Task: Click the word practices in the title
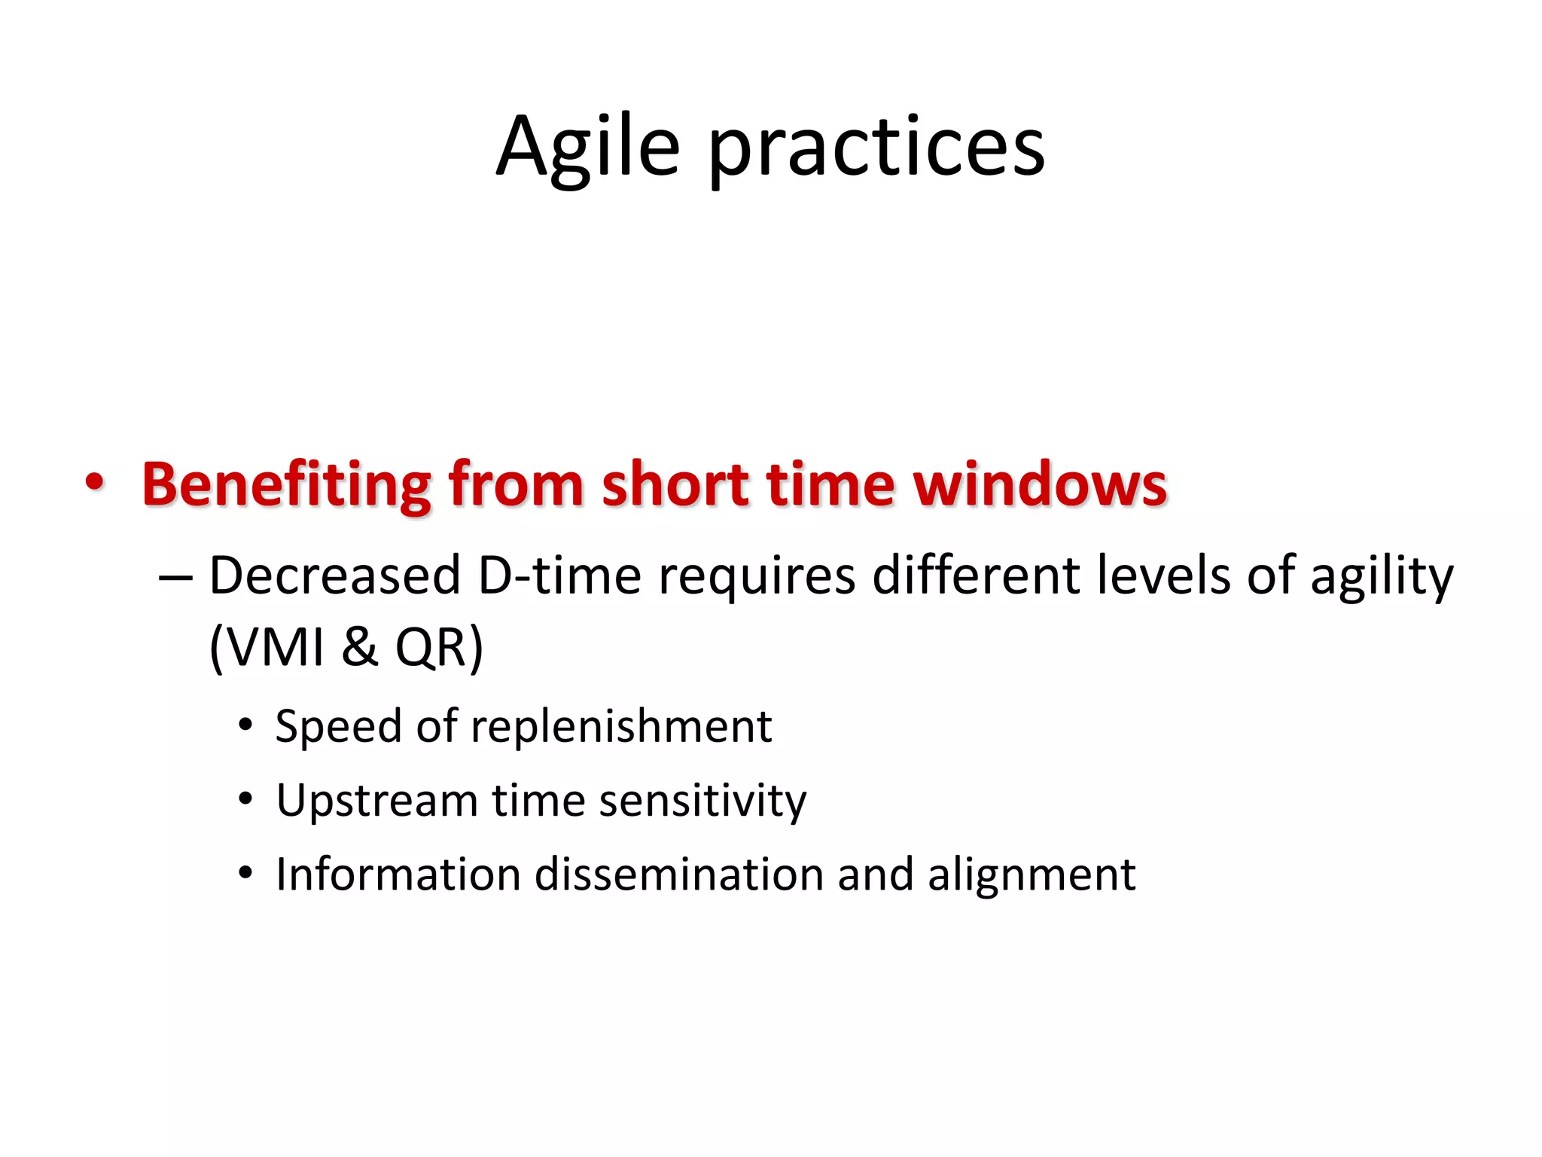coord(876,149)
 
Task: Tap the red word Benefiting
coord(287,484)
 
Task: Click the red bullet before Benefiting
coord(94,482)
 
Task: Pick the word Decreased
coord(334,576)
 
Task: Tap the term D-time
coord(559,576)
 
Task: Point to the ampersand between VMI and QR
coord(359,648)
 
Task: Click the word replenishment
coord(621,728)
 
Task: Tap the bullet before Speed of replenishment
coord(245,725)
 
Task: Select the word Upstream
coord(376,801)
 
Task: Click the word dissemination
coord(689,875)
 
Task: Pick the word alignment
coord(1032,876)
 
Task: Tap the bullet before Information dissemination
coord(245,874)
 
